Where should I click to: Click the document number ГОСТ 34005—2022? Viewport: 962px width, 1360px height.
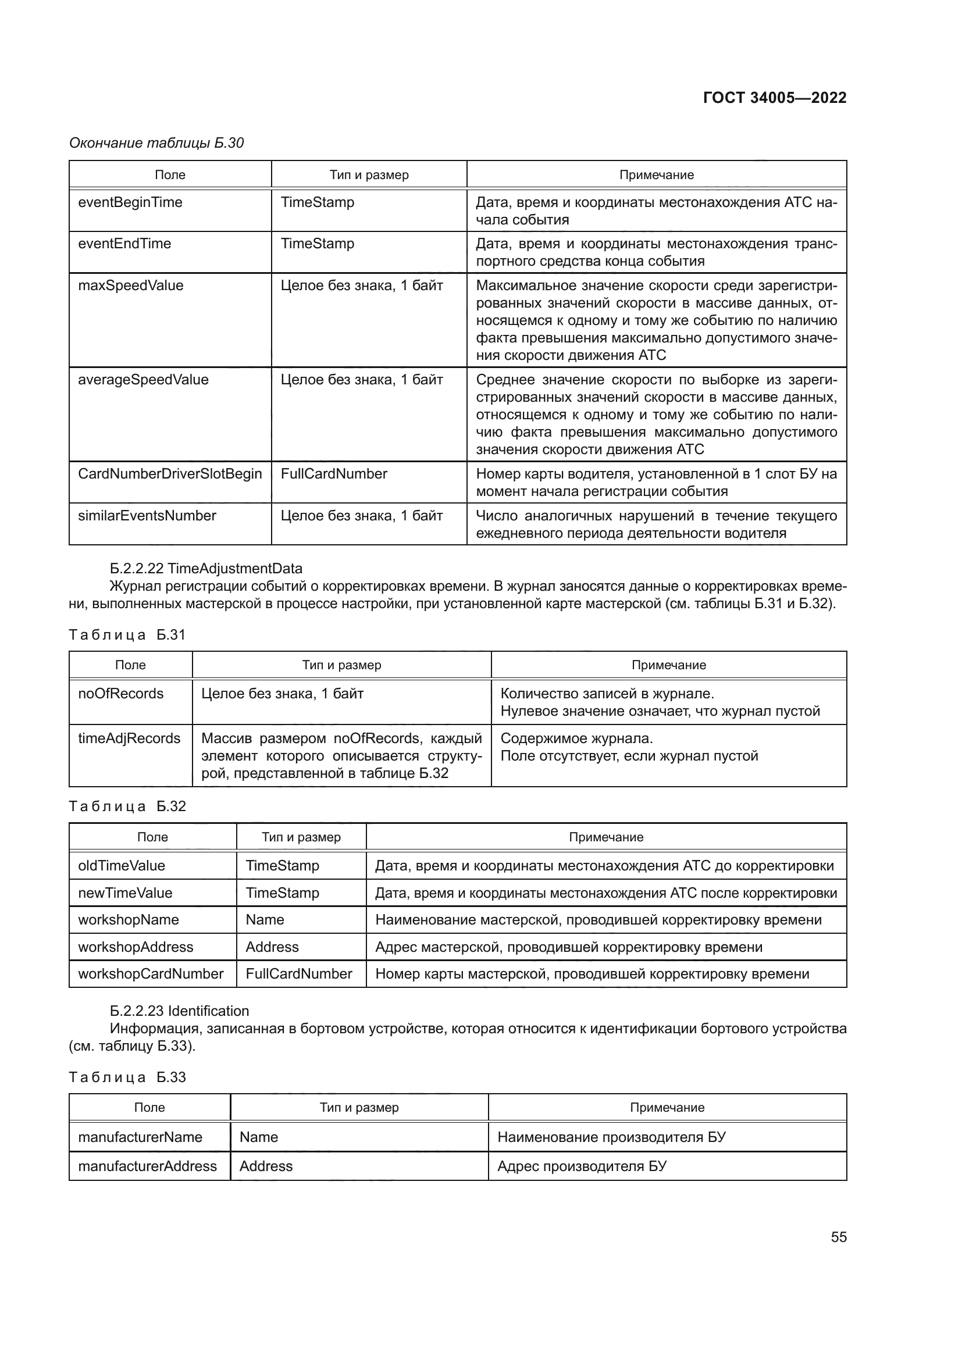point(774,98)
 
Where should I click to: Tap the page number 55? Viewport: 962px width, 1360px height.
point(838,1237)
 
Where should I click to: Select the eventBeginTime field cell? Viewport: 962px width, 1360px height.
point(130,202)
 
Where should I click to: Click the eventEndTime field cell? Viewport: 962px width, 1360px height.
point(124,244)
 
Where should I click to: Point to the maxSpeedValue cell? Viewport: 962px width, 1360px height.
point(131,285)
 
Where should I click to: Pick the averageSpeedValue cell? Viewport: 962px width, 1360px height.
point(143,380)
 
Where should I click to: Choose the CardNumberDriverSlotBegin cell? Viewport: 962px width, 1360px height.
point(169,474)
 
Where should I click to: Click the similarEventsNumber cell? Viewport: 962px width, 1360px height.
point(147,516)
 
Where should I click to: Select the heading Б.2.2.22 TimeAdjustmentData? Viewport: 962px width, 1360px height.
point(205,569)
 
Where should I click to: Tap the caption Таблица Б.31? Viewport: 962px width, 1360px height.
point(127,635)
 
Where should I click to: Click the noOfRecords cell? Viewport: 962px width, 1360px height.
point(121,694)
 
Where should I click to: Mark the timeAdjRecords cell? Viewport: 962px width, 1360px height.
point(129,738)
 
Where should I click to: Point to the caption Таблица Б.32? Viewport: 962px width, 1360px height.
point(127,806)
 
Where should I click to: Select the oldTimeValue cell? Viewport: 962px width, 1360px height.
point(122,866)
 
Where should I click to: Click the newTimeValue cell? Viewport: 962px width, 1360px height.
point(125,893)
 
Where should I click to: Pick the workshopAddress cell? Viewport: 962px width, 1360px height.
point(136,947)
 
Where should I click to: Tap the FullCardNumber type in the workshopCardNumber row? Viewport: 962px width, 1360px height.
point(298,974)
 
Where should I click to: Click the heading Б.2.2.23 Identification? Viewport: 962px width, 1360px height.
point(179,1011)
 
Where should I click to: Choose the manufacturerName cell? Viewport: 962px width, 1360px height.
point(140,1137)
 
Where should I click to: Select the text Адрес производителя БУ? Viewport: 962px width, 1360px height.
point(582,1166)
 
